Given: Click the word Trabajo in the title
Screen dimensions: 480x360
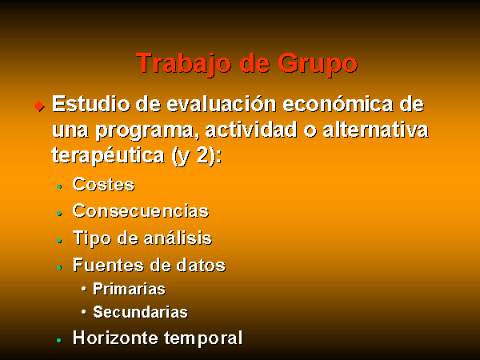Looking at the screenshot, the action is point(183,63).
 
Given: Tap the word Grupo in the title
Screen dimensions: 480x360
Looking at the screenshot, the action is point(318,64).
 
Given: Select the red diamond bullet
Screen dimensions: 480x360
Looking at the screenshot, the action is point(39,106).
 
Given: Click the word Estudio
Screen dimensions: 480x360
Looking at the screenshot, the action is point(91,104).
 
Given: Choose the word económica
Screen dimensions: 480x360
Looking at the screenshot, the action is point(338,104).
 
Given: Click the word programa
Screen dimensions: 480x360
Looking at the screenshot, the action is point(145,131).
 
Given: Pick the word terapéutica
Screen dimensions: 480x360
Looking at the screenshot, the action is point(108,156).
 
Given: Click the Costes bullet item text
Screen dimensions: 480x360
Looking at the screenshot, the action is point(103,185).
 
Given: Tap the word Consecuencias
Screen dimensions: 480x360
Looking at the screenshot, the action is point(141,210).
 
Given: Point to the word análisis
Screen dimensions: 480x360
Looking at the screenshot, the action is point(178,238).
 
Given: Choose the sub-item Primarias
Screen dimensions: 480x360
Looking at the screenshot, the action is point(129,289).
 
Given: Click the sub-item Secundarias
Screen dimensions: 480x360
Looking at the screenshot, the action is point(140,312).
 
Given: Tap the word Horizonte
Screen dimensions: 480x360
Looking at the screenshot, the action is point(115,338).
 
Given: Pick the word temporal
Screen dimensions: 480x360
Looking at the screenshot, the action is point(203,338).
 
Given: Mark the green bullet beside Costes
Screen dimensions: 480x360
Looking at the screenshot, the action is point(59,186).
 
